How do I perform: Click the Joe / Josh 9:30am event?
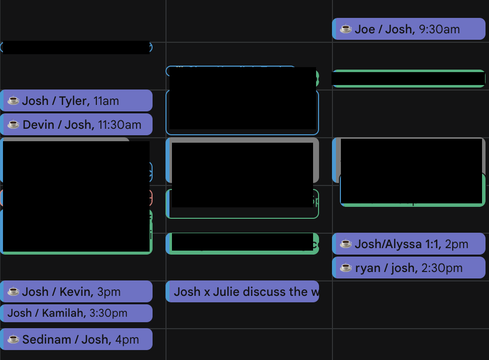point(408,29)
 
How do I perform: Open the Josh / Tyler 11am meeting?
point(77,101)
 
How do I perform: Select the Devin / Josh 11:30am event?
point(77,125)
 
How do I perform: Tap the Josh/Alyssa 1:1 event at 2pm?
point(408,244)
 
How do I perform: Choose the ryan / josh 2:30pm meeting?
point(408,268)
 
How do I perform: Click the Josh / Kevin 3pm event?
point(77,292)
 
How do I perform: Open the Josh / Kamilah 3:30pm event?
point(77,313)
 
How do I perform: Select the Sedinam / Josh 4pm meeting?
point(77,340)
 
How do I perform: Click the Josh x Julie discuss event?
point(243,292)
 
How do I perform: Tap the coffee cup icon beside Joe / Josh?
point(346,29)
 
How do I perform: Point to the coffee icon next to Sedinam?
point(13,340)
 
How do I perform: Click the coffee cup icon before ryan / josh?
point(346,268)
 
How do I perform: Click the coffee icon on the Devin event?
point(13,125)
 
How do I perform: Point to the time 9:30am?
point(439,29)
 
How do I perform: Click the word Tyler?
point(73,101)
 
